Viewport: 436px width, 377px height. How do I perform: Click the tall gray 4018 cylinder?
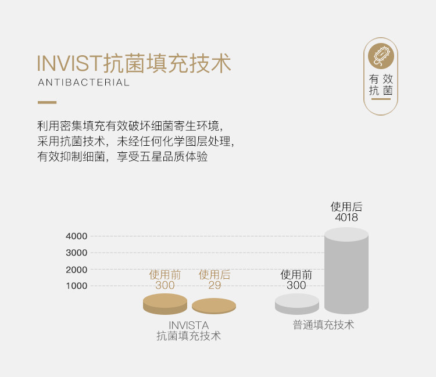coord(346,271)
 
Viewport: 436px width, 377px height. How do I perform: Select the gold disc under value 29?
coord(214,306)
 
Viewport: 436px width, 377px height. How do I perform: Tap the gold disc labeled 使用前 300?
coord(165,304)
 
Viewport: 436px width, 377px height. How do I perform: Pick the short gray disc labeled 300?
coord(297,304)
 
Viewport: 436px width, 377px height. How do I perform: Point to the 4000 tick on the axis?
coord(77,236)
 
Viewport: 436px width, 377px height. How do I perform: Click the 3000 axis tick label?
coord(77,253)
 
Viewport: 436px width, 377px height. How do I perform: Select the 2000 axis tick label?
coord(77,270)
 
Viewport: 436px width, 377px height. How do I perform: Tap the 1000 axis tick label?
coord(77,286)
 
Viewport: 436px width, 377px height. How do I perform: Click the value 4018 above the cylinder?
coord(346,217)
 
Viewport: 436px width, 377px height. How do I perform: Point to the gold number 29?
coord(215,285)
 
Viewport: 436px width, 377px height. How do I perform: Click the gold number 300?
coord(165,285)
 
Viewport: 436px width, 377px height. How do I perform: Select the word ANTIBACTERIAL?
coord(84,82)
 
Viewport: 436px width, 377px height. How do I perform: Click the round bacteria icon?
coord(381,56)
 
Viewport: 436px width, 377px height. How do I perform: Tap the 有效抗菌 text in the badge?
coord(381,85)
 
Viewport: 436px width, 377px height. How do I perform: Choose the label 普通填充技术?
coord(323,325)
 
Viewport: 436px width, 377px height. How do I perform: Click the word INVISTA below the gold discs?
coord(188,325)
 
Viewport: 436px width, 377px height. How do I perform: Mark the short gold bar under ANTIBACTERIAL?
coord(47,102)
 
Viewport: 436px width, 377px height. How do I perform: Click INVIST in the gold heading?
coord(69,63)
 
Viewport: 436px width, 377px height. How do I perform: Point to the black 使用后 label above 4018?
coord(346,207)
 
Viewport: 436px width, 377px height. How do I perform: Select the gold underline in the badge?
coord(381,99)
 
